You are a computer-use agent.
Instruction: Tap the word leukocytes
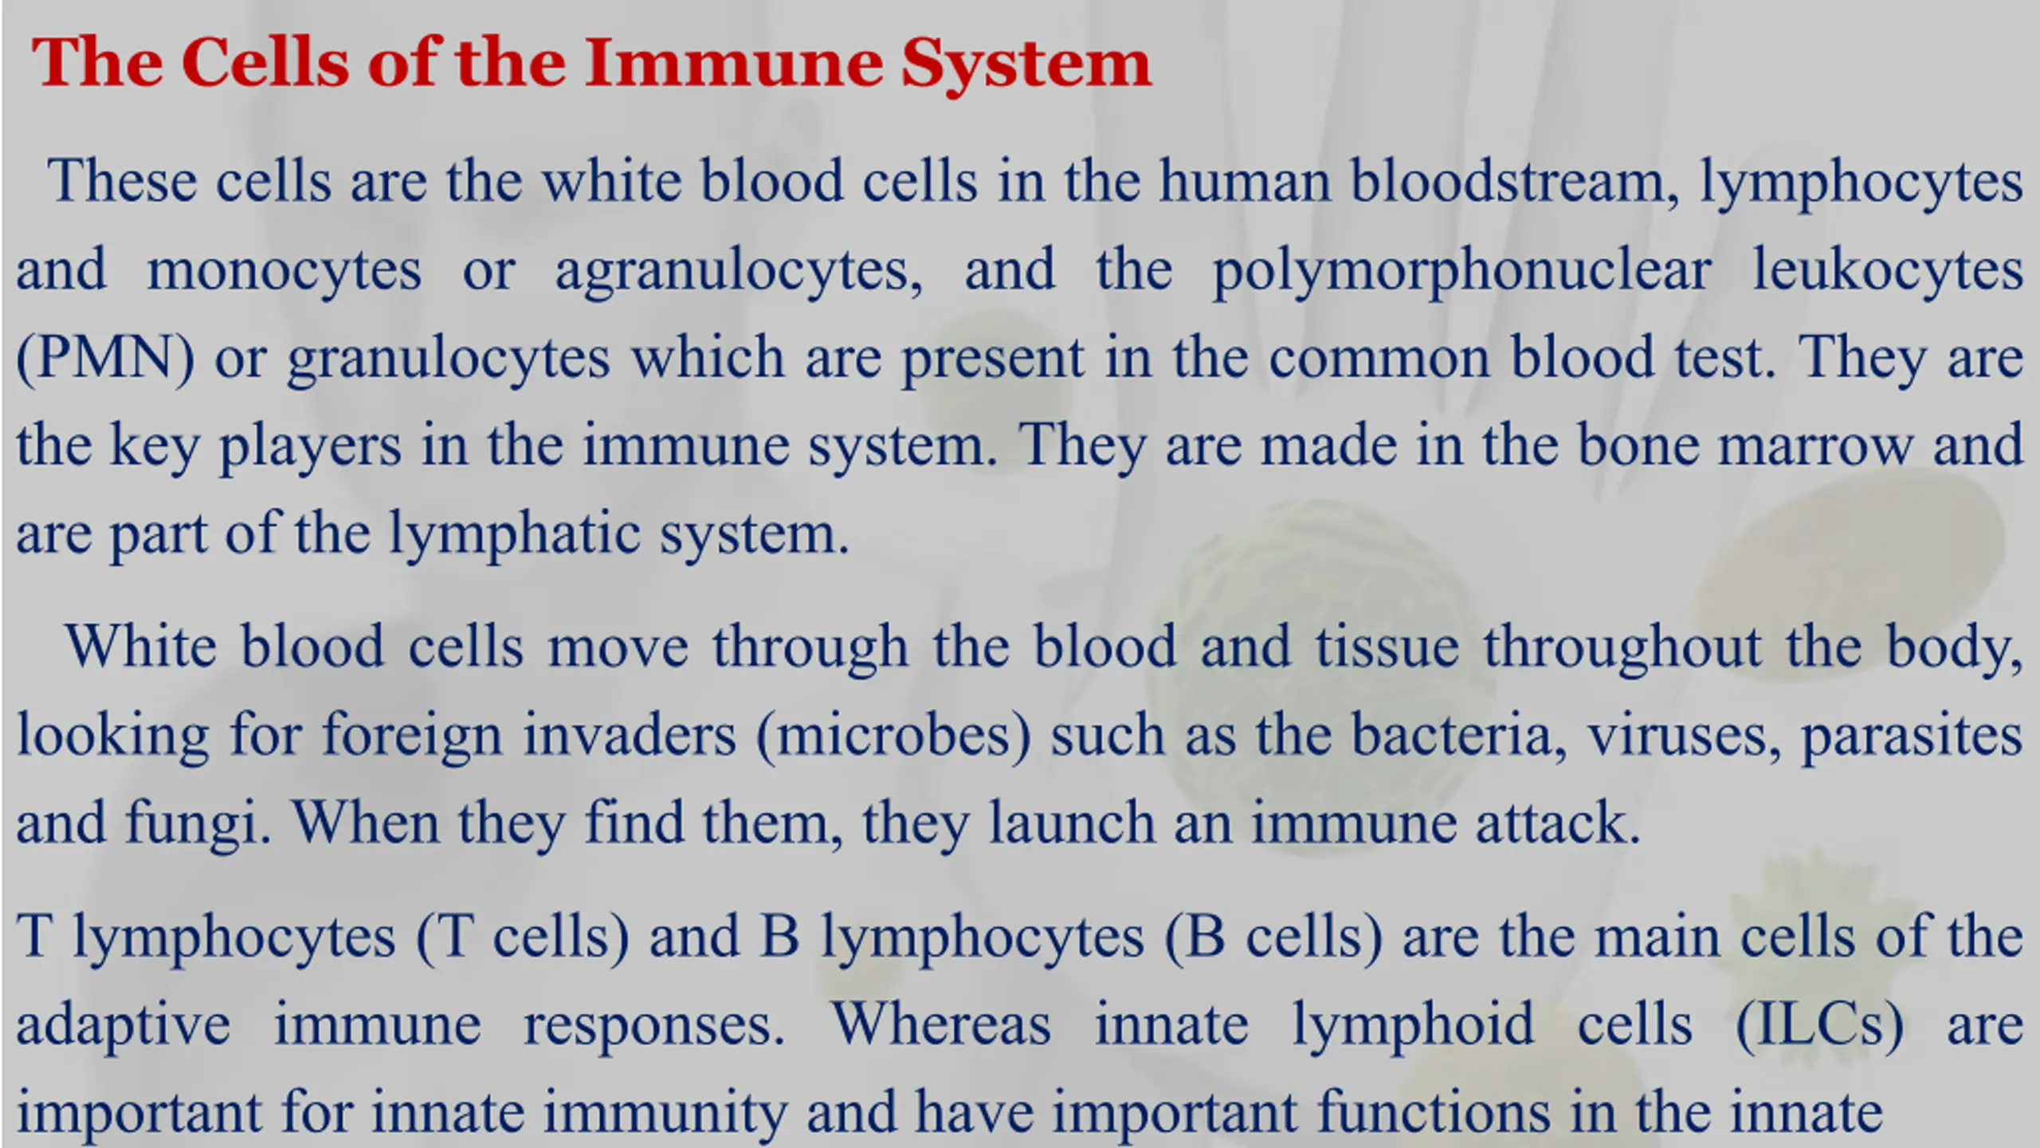coord(1888,269)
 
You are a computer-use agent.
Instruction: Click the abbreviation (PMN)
coord(105,357)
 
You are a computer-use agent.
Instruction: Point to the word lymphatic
coord(515,533)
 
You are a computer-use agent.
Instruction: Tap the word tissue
coord(1387,646)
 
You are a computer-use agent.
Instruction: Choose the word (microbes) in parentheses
coord(893,735)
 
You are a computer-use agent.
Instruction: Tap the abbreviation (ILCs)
coord(1820,1025)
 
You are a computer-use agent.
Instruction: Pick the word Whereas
coord(941,1024)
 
